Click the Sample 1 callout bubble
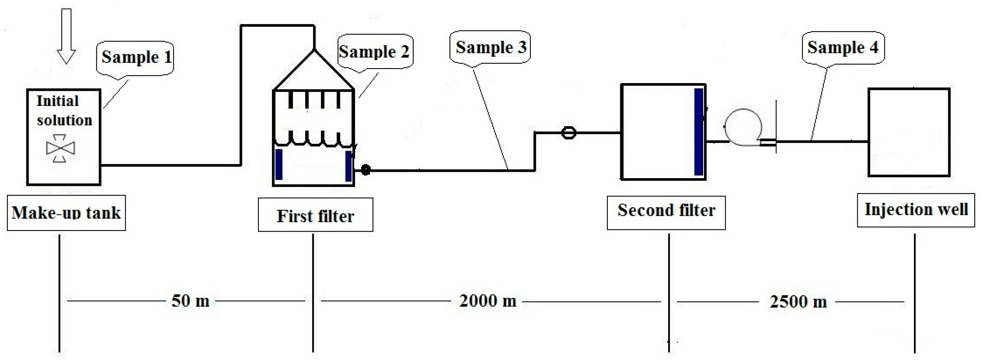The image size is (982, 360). (x=136, y=58)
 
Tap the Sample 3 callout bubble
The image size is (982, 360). (x=491, y=48)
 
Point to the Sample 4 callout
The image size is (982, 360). (x=843, y=48)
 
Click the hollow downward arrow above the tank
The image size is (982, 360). (x=66, y=36)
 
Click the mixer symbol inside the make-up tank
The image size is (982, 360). (x=60, y=148)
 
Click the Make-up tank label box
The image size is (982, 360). (x=66, y=213)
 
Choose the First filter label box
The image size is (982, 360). (x=315, y=215)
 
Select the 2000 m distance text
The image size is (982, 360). (x=488, y=301)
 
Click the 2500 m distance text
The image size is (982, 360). (x=798, y=302)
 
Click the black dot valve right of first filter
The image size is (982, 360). (x=365, y=170)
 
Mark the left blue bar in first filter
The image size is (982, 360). (x=279, y=164)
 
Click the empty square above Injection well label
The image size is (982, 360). (x=909, y=132)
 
